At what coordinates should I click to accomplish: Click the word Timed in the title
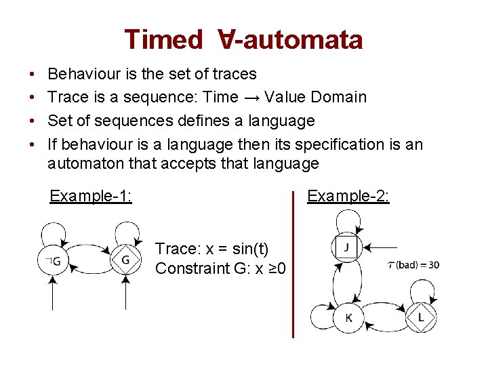[x=163, y=39]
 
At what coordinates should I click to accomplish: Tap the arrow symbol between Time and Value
[x=251, y=97]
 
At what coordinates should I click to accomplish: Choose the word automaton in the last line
[x=85, y=163]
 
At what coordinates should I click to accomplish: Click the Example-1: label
[x=91, y=197]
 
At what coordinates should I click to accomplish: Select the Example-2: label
[x=348, y=196]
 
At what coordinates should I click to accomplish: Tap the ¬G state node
[x=54, y=261]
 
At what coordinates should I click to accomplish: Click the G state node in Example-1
[x=126, y=260]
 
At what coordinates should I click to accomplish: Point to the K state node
[x=348, y=317]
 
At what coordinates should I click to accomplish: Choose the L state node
[x=422, y=317]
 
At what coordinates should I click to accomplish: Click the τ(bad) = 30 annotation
[x=413, y=264]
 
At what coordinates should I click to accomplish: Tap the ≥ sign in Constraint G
[x=270, y=268]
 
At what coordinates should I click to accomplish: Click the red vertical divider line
[x=293, y=264]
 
